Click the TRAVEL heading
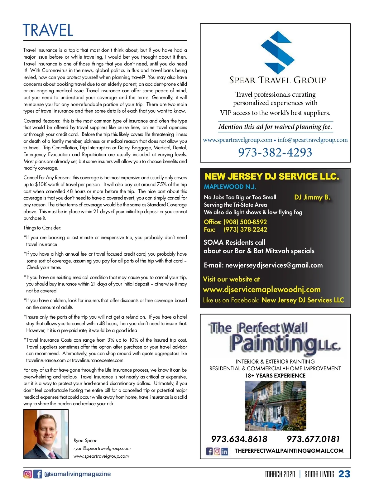point(48,30)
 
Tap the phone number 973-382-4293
point(275,152)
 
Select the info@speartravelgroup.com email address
point(313,140)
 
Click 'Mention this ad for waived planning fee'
point(275,127)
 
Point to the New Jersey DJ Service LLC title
point(272,177)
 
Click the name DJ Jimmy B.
point(312,197)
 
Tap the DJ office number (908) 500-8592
point(245,222)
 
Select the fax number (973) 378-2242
point(245,229)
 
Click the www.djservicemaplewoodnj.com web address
point(261,290)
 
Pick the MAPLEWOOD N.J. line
point(230,187)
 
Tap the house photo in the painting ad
point(275,406)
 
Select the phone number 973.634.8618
point(239,439)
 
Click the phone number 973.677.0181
point(313,439)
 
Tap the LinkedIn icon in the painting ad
point(224,451)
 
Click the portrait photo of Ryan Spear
point(46,434)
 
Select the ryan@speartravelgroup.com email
point(102,448)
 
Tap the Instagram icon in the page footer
point(28,474)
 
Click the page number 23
point(344,474)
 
